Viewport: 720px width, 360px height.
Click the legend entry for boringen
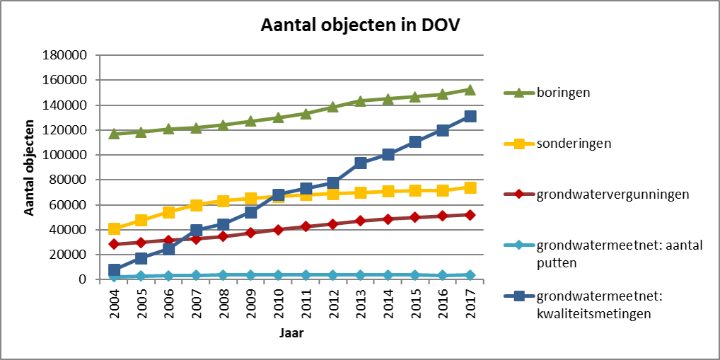[x=562, y=92]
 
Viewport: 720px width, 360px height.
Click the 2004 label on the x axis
[x=115, y=301]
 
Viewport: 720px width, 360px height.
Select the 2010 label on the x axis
[x=279, y=301]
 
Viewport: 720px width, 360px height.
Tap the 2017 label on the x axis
[x=470, y=301]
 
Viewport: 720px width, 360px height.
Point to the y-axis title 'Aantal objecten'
[x=30, y=167]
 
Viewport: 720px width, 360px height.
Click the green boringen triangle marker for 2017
[x=470, y=90]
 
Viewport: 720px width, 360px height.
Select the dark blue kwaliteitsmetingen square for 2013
[x=361, y=163]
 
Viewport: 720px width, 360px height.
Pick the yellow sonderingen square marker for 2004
[x=115, y=228]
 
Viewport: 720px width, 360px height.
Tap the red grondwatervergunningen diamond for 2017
[x=470, y=214]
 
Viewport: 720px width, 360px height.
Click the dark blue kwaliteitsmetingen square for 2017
[x=470, y=116]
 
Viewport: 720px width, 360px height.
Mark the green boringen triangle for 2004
[x=115, y=133]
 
